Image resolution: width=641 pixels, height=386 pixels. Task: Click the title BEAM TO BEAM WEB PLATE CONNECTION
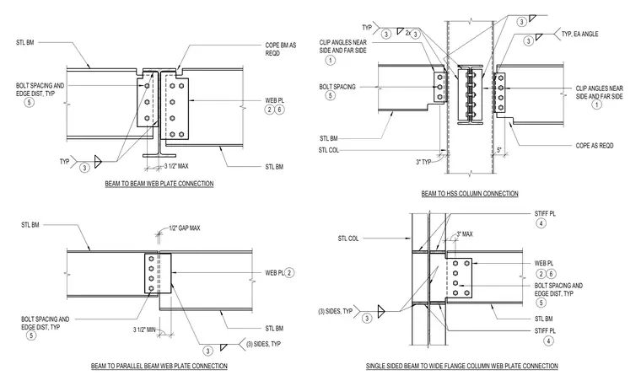point(159,184)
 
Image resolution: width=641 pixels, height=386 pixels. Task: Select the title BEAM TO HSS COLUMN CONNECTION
point(470,194)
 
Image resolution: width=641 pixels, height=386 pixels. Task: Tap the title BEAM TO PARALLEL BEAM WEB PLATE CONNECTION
point(159,366)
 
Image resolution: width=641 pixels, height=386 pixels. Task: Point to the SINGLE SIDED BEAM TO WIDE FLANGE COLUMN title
point(462,366)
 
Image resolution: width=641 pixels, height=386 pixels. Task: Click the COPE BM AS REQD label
point(280,49)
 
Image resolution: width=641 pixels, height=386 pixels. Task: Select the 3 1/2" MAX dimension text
point(176,166)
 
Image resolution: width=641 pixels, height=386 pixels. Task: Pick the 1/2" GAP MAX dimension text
point(185,228)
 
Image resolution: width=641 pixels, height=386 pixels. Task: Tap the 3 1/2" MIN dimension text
point(144,330)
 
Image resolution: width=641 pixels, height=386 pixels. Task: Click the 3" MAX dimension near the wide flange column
point(465,234)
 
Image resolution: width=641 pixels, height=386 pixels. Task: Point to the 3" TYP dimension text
point(423,162)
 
